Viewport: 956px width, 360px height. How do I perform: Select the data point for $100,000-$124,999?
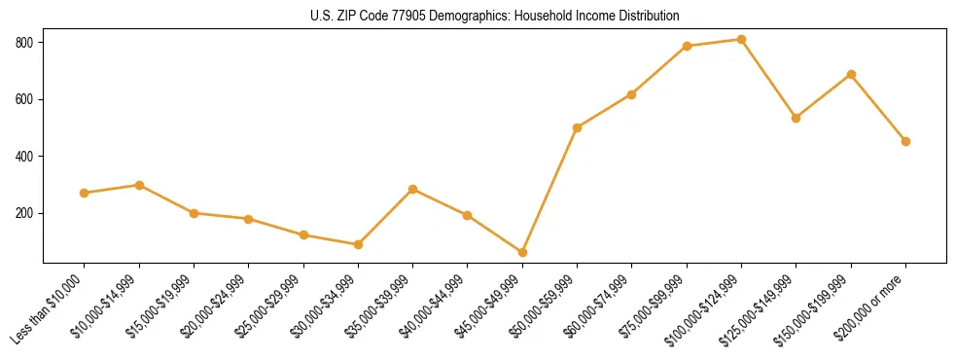pyautogui.click(x=742, y=40)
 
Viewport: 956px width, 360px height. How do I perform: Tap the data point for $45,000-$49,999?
pyautogui.click(x=523, y=253)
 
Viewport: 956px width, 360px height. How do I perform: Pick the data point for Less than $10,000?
pyautogui.click(x=85, y=193)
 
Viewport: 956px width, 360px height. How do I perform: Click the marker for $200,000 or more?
pyautogui.click(x=906, y=141)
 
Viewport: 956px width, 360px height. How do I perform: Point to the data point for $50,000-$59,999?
pyautogui.click(x=578, y=127)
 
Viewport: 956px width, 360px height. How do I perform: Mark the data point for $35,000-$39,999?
pyautogui.click(x=413, y=189)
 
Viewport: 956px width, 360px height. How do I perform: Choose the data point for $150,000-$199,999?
pyautogui.click(x=852, y=74)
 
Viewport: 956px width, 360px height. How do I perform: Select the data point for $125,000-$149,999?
pyautogui.click(x=797, y=118)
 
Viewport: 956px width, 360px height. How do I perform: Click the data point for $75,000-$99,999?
pyautogui.click(x=688, y=46)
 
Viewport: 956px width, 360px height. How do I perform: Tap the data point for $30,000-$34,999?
pyautogui.click(x=359, y=244)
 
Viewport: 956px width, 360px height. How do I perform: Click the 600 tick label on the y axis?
pyautogui.click(x=25, y=99)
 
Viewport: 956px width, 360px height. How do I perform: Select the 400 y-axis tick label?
pyautogui.click(x=25, y=157)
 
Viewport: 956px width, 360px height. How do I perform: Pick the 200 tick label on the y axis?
pyautogui.click(x=25, y=213)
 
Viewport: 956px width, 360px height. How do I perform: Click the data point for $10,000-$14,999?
pyautogui.click(x=139, y=185)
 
